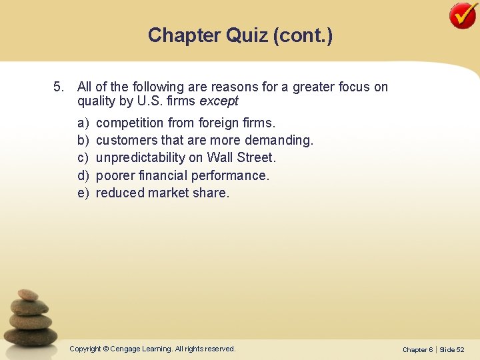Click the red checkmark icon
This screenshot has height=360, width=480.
point(463,15)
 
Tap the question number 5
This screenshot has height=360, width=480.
point(58,87)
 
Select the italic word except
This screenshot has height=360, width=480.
point(219,102)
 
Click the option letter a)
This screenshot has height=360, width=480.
point(83,123)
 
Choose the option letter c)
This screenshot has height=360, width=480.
point(83,158)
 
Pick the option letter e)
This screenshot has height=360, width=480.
point(83,193)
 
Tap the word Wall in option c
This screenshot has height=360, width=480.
point(219,158)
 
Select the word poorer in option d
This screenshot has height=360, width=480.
point(115,176)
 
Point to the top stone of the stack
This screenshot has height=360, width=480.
point(28,294)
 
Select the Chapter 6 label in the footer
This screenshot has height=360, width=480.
point(418,349)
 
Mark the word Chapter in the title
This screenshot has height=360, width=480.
point(183,35)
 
